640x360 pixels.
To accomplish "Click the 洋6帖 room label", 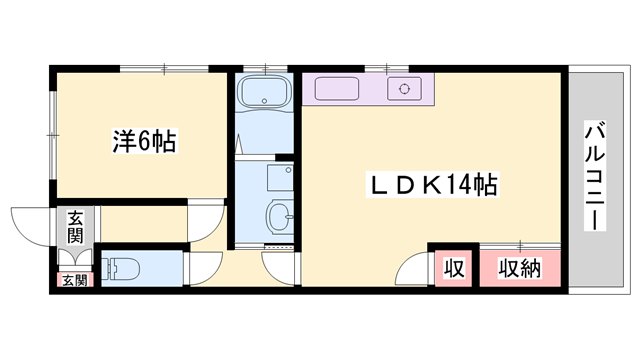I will (x=144, y=142).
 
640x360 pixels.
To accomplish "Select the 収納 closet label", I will (x=520, y=268).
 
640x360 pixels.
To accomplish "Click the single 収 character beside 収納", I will (x=454, y=268).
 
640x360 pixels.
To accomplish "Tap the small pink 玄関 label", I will (x=74, y=280).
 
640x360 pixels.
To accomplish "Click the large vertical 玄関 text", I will (x=75, y=228).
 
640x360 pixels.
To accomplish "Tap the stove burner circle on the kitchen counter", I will (x=406, y=89).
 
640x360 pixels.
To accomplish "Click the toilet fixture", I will (x=123, y=268).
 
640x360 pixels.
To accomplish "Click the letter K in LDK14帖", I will (x=431, y=185).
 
